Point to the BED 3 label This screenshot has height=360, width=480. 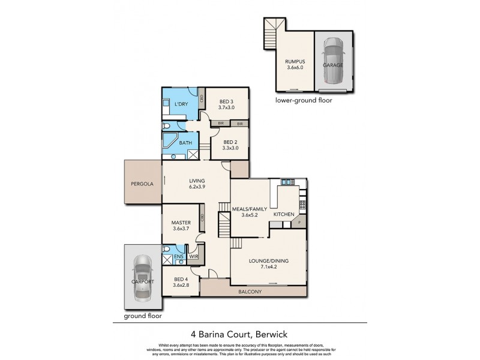226,101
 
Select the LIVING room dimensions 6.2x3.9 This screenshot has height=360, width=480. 197,187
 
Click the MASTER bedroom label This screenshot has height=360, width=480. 181,223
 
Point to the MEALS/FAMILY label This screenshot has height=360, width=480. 248,209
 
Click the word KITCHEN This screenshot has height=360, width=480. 283,214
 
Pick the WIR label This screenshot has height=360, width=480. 193,257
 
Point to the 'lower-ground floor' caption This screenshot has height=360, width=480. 303,101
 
